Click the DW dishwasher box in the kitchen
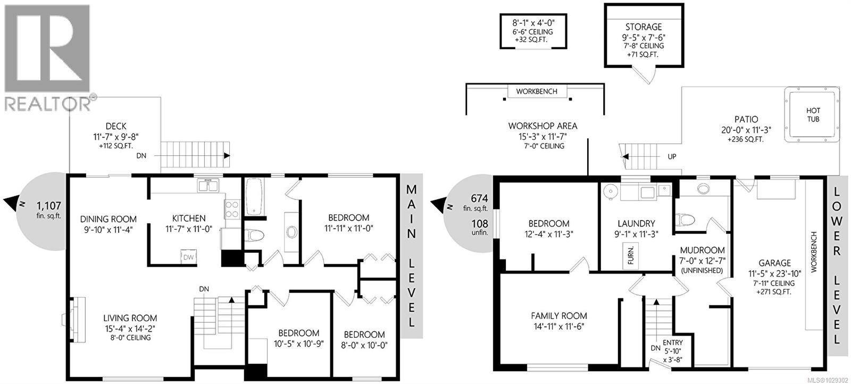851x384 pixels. point(188,257)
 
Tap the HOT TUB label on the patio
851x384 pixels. point(813,115)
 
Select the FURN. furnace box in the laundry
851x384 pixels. point(631,256)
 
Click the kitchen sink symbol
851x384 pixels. point(208,186)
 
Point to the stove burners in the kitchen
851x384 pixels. point(232,208)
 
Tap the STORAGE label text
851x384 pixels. point(643,27)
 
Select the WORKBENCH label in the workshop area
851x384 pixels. point(537,91)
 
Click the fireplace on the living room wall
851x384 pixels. point(77,318)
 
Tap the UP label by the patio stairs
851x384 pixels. point(672,157)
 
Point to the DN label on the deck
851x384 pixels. point(141,156)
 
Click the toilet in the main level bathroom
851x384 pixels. point(255,234)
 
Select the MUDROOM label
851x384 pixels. point(702,250)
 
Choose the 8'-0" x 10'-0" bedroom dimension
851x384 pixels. point(364,345)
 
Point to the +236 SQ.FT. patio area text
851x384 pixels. point(745,139)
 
